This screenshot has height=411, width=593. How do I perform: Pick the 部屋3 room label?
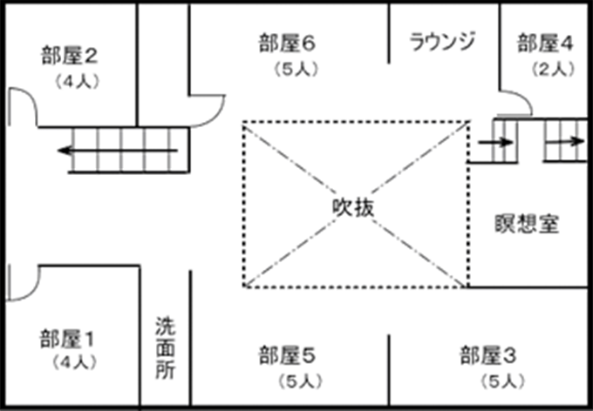pos(488,355)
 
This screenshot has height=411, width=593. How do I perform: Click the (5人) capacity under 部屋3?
pos(501,380)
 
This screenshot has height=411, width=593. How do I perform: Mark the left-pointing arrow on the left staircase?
pos(87,152)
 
